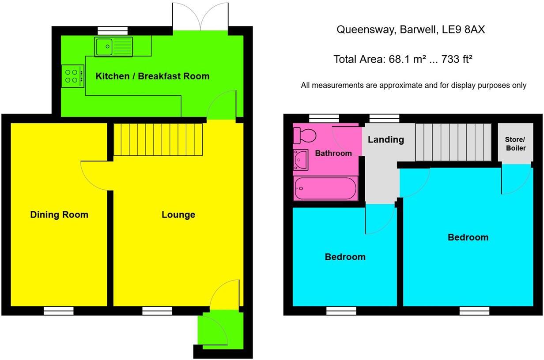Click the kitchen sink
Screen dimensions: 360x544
113,46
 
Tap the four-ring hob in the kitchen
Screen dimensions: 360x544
73,76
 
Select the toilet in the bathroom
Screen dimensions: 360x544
305,135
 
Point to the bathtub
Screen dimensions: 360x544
325,188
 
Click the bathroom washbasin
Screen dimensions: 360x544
301,160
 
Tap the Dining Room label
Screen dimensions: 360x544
59,215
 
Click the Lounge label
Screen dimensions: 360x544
178,215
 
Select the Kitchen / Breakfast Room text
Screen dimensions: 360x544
152,76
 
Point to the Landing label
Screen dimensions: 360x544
386,139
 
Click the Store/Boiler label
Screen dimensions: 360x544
516,144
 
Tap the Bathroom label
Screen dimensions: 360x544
333,154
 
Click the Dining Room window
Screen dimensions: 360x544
58,311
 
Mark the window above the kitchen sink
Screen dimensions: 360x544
113,30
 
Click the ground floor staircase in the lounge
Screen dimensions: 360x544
158,139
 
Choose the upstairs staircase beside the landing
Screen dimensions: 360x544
453,142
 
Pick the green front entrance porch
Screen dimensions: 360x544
219,330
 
